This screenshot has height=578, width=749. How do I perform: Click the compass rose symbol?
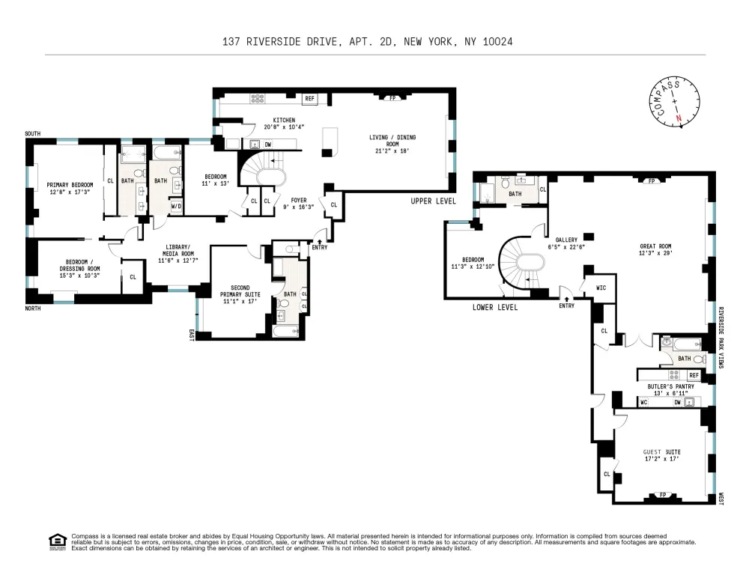point(675,103)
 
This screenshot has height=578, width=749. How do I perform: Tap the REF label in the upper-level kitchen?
point(309,98)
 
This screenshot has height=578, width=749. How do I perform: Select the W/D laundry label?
point(176,207)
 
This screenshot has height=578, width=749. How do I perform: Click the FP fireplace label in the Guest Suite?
point(663,495)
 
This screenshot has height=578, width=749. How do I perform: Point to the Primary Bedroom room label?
point(70,188)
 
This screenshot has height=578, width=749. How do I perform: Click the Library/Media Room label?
point(178,254)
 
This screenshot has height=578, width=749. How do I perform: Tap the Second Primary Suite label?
point(240,294)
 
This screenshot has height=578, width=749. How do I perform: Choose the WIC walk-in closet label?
point(601,288)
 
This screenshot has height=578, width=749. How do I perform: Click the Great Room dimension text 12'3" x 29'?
point(655,253)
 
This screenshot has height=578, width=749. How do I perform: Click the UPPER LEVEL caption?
point(433,201)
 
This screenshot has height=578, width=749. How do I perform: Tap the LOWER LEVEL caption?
point(495,307)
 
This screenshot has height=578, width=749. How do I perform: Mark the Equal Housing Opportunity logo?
point(58,542)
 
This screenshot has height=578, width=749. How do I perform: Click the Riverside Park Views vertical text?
point(721,337)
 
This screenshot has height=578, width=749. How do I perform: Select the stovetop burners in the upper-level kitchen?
point(258,98)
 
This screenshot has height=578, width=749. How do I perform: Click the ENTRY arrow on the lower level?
point(566,299)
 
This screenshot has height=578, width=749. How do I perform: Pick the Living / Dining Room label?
point(392,144)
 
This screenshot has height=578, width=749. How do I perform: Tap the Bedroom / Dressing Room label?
point(80,269)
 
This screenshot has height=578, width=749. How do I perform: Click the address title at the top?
point(367,42)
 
